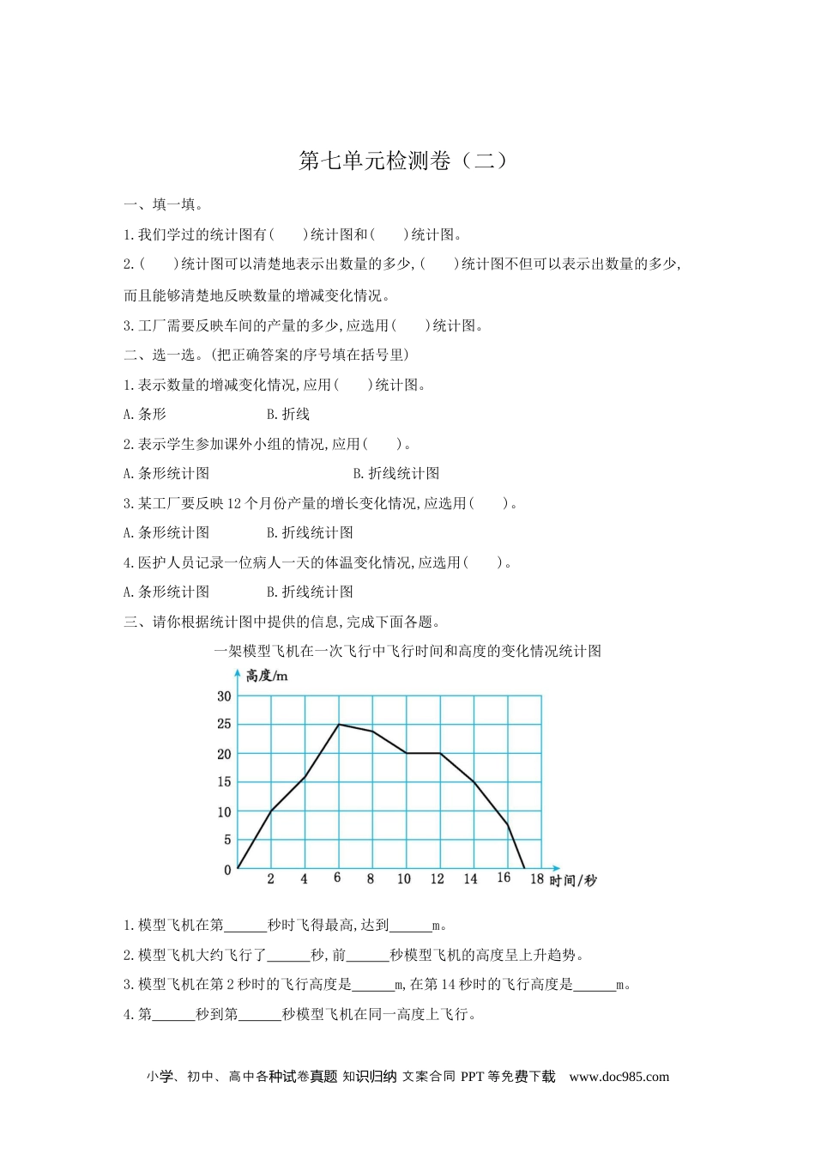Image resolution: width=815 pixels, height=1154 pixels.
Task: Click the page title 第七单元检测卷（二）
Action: pos(403,161)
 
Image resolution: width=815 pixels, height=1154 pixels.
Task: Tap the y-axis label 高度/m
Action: pos(267,676)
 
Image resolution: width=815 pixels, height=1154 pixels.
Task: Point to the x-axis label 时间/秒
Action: pos(573,880)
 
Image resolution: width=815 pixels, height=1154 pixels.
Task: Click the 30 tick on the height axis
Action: pos(224,696)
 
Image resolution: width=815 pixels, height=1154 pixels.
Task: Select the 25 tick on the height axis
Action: pos(224,724)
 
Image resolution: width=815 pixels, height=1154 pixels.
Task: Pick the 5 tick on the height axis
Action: pos(227,840)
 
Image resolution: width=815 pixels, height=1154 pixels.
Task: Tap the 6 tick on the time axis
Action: pos(337,878)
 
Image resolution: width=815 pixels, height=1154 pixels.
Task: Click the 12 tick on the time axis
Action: pos(438,878)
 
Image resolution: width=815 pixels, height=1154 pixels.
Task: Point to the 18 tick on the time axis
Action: pos(537,878)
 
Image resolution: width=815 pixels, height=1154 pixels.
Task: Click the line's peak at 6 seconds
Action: pos(339,725)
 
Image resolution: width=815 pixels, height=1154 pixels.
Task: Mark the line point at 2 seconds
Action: pos(271,810)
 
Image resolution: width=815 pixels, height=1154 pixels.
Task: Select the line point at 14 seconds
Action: pos(474,781)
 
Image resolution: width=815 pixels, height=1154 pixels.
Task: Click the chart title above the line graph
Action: pos(407,651)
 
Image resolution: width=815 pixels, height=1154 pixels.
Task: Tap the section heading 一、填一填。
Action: pos(164,204)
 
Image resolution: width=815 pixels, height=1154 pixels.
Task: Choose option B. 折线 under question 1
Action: pos(288,414)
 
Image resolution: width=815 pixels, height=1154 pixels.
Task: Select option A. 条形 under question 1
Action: pos(145,414)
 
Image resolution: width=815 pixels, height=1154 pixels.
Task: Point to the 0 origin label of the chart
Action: pos(227,870)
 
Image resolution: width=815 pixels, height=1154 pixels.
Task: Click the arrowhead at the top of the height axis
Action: pos(238,674)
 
